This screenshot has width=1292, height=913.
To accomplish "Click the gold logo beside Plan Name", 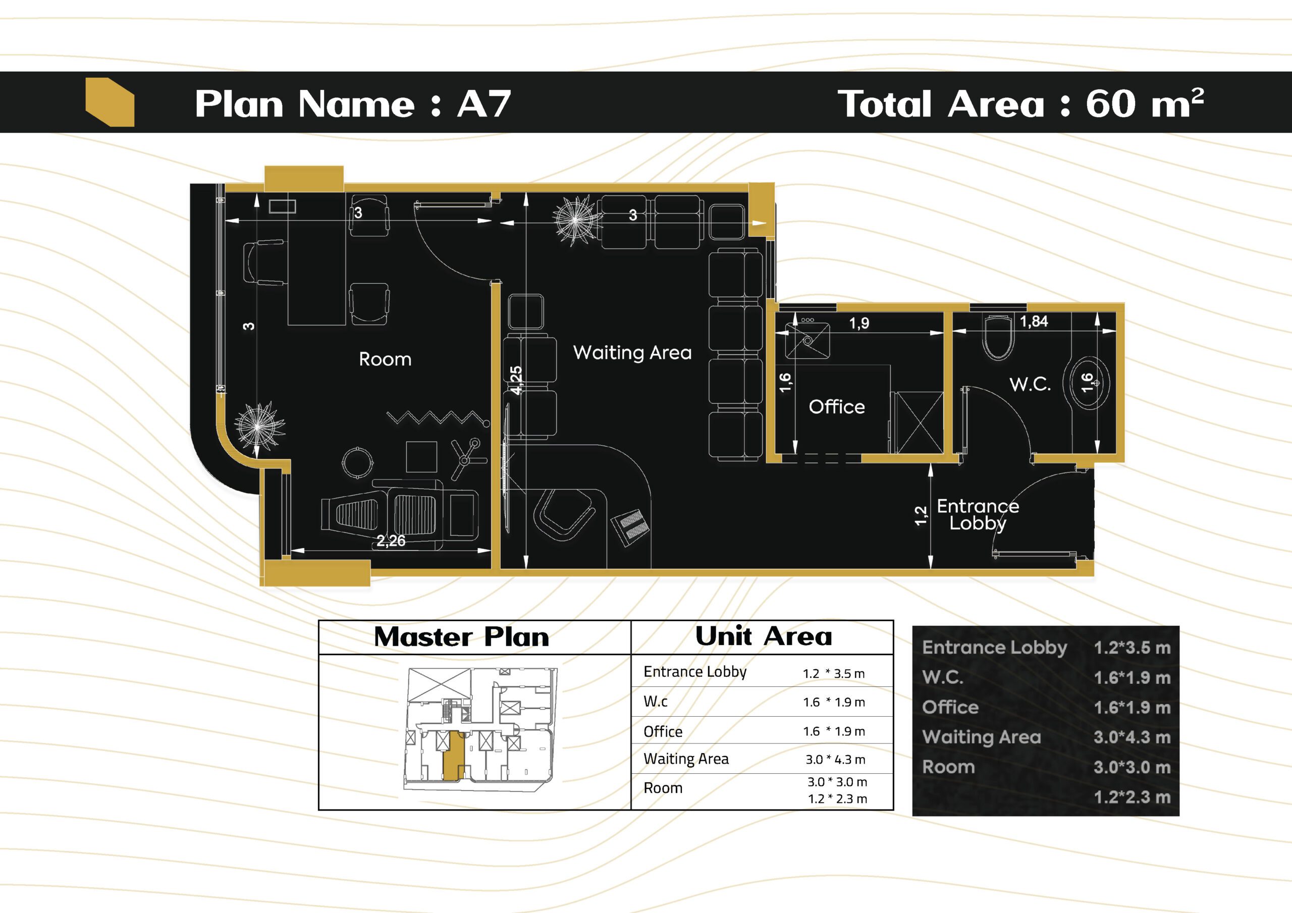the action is (110, 102).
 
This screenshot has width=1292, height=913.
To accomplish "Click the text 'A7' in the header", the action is (484, 104).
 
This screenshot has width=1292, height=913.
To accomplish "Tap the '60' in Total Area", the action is (1111, 103).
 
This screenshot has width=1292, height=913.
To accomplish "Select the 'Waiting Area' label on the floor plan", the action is (632, 352).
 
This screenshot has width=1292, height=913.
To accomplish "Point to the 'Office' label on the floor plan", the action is (837, 406).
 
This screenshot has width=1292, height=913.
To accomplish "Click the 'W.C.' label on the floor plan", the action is (1030, 385).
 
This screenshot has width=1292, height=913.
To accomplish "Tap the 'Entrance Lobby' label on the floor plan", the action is (978, 514).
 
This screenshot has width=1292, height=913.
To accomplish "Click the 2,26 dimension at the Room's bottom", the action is (391, 541).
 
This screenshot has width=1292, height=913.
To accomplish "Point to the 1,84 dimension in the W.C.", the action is (1034, 321).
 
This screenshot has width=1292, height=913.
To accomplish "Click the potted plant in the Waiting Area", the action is (575, 220).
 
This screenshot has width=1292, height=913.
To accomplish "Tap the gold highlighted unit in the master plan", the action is (454, 756).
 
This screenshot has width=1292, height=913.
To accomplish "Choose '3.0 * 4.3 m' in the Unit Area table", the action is (835, 760).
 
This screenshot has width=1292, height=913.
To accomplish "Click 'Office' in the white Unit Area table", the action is (663, 732).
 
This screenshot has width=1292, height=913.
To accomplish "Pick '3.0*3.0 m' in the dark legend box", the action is (1132, 767).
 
